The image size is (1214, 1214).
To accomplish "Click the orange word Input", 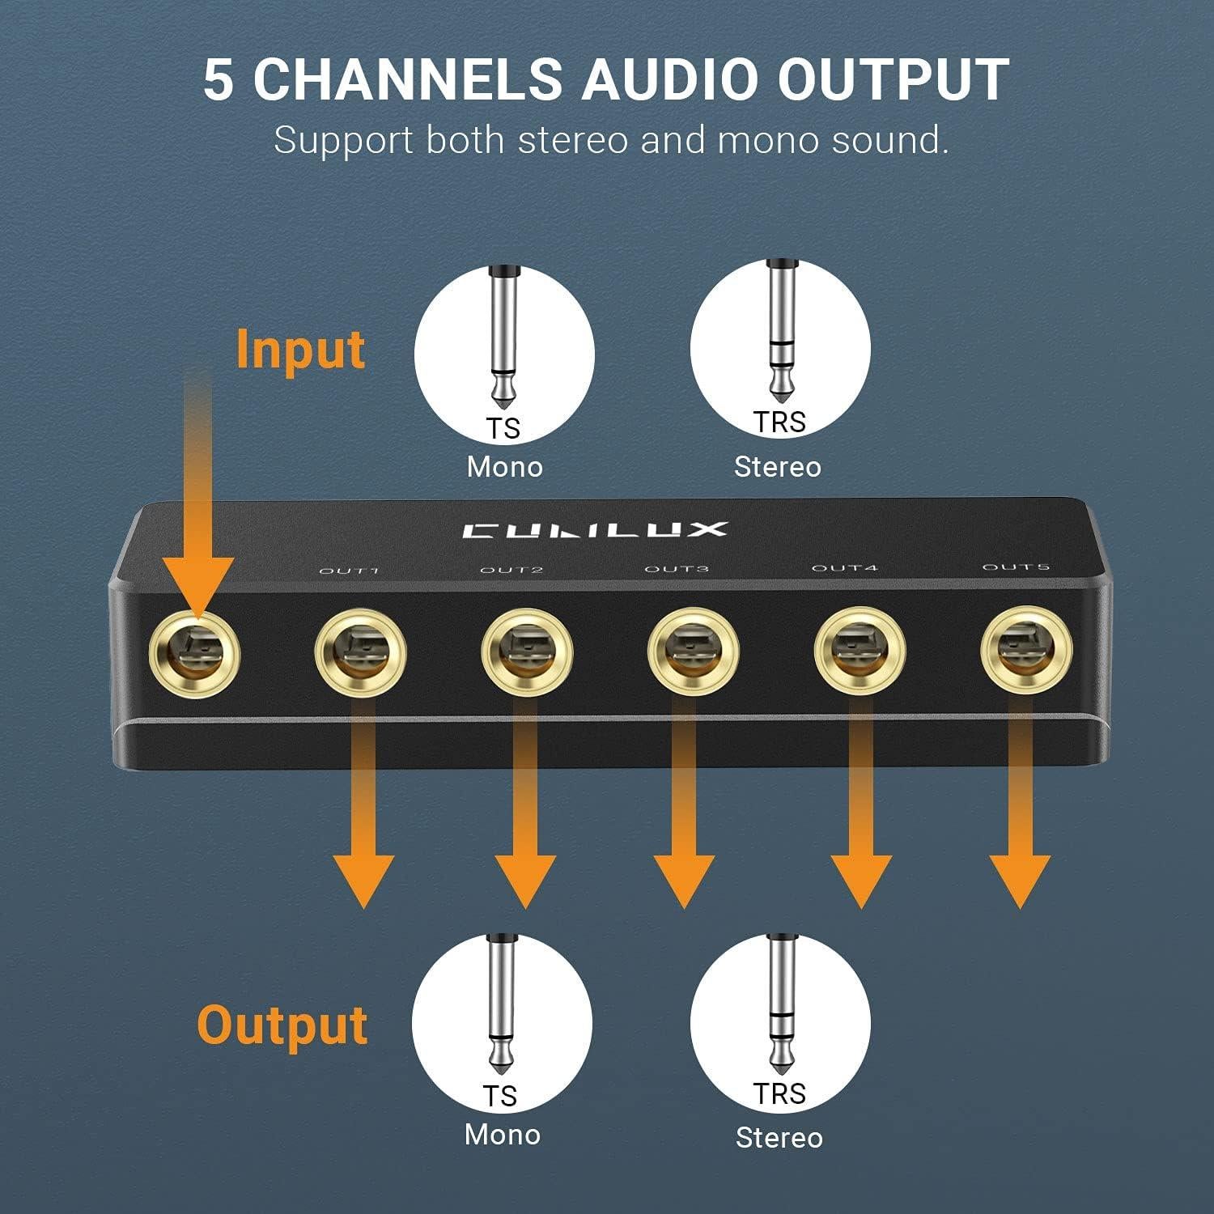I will pos(300,350).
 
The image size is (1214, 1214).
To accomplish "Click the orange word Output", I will pos(282,1025).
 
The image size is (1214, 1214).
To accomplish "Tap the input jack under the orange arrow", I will pos(196,652).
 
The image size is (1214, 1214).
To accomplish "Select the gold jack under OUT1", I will pos(360,652).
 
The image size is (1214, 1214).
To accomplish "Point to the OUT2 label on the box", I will pos(511,570).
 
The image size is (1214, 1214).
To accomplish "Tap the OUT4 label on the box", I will pos(844,567).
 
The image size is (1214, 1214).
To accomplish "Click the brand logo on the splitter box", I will pos(595,530).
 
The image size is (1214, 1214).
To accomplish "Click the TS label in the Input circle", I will pos(503,428).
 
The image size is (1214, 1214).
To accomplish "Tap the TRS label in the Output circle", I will pos(779,1093).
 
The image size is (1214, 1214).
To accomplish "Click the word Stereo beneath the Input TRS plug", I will pos(777,467).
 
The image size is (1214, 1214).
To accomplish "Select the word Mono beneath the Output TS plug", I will pos(502,1134).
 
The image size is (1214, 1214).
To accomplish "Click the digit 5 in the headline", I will pos(218,79).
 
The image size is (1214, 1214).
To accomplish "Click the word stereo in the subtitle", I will pos(573,140).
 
